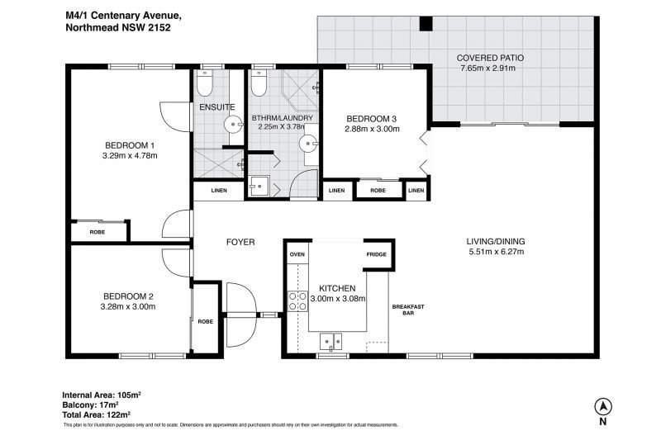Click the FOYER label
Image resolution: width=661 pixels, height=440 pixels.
[x=240, y=242]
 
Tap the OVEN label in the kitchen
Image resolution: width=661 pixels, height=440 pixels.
[x=297, y=254]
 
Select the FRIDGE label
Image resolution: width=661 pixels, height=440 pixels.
[x=376, y=254]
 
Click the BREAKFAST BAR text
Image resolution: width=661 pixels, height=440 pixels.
[x=408, y=310]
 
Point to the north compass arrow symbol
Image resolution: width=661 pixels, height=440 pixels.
[x=603, y=407]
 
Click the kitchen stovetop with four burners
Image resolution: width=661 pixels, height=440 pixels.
[x=297, y=301]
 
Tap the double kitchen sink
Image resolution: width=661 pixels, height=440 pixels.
[x=331, y=342]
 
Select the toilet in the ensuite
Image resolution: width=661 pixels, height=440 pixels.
[x=204, y=83]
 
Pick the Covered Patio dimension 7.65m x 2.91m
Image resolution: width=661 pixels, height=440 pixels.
[x=488, y=69]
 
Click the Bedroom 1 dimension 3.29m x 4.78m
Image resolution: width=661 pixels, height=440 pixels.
[x=130, y=156]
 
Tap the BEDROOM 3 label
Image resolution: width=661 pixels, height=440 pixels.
[x=371, y=119]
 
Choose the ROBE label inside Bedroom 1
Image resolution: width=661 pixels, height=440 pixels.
[x=97, y=233]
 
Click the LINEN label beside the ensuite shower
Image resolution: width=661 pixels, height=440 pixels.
[x=219, y=191]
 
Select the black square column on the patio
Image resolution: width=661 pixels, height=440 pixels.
[x=426, y=23]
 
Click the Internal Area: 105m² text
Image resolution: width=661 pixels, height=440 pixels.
[x=101, y=395]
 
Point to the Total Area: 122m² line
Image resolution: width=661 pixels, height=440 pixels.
[x=96, y=414]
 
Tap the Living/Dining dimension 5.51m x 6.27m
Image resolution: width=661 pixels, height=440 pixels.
[x=497, y=252]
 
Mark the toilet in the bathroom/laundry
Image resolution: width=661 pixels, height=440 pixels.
[x=258, y=83]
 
